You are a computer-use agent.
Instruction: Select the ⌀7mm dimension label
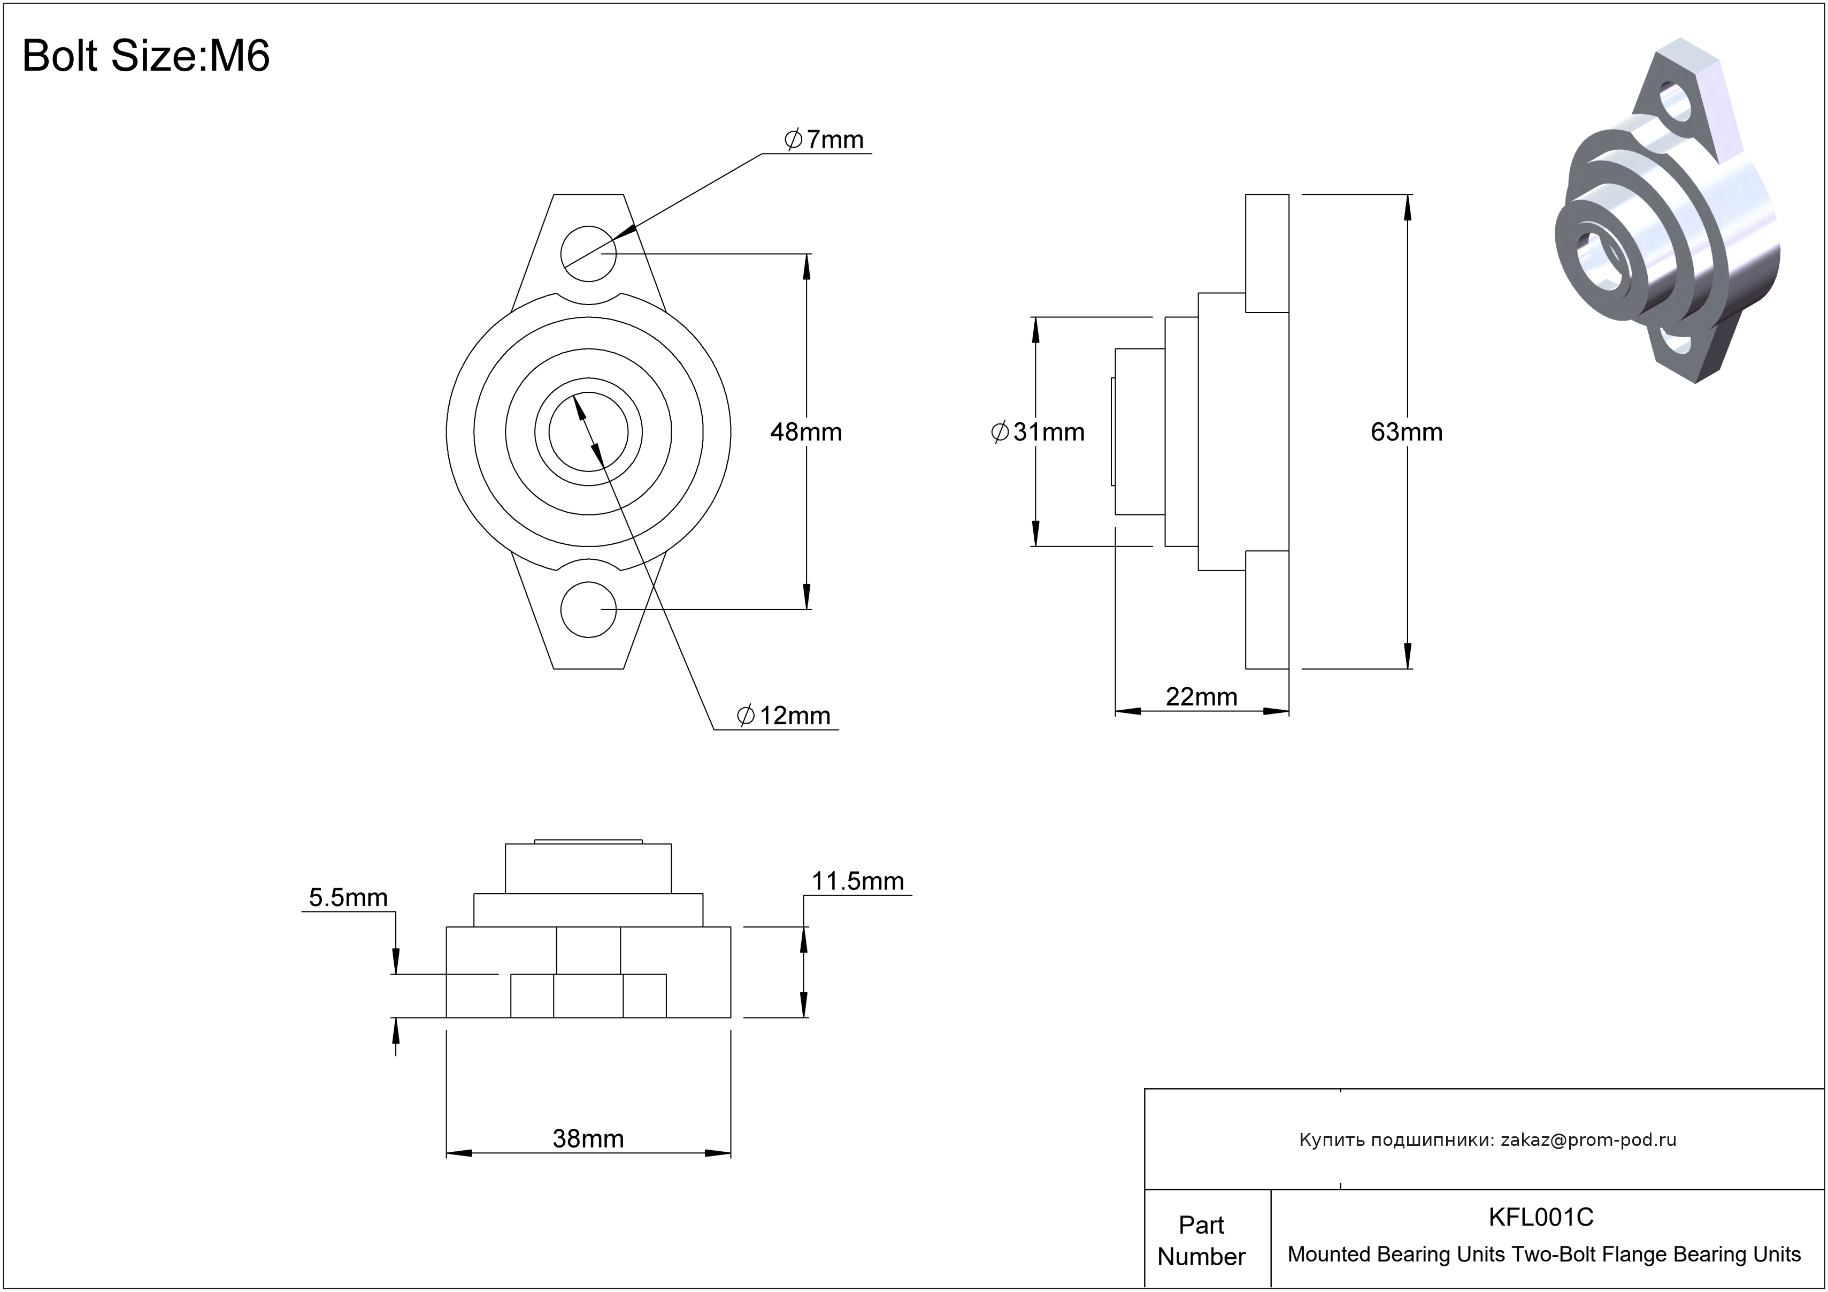824,139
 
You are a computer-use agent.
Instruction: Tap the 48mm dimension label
806,432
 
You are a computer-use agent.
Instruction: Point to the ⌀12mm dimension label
784,715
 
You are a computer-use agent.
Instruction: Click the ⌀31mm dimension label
1038,432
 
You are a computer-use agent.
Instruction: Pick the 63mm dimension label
1407,432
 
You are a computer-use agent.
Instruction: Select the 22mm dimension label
1201,697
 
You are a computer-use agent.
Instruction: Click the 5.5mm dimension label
348,898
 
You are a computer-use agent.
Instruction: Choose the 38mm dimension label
588,1139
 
